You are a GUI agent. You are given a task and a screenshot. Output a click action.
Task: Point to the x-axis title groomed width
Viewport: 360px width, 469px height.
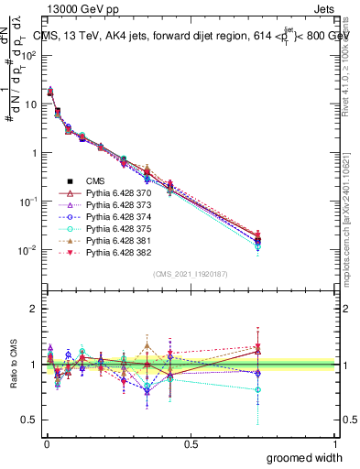(306, 457)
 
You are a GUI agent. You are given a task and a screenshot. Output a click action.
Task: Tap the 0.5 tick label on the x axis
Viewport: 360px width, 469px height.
(191, 443)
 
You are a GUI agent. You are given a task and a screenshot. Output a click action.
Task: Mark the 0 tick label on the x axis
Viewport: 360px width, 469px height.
(46, 443)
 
